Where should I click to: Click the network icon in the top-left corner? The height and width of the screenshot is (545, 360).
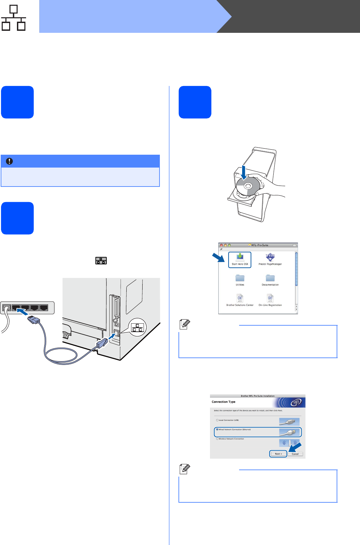pyautogui.click(x=14, y=18)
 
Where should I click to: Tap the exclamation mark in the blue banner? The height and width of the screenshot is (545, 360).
pyautogui.click(x=9, y=161)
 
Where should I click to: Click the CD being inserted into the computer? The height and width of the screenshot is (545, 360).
pyautogui.click(x=248, y=186)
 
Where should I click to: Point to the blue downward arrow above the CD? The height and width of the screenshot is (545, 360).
pyautogui.click(x=244, y=172)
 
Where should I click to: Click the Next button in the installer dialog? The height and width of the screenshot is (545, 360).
pyautogui.click(x=278, y=454)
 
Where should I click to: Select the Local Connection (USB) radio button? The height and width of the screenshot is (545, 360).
pyautogui.click(x=217, y=420)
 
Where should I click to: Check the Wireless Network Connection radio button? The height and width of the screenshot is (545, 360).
pyautogui.click(x=217, y=439)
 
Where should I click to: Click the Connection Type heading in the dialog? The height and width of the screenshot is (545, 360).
pyautogui.click(x=224, y=402)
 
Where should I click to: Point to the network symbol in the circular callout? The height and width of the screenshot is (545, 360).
pyautogui.click(x=137, y=328)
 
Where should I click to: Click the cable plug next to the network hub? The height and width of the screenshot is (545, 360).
pyautogui.click(x=34, y=319)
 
